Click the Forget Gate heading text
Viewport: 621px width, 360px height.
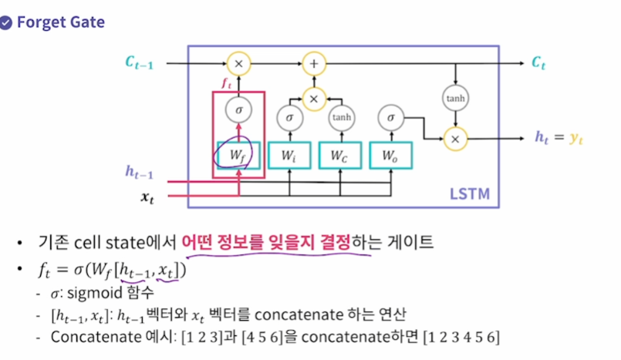[60, 22]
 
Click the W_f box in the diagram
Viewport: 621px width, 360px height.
[238, 155]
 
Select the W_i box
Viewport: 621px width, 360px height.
[289, 155]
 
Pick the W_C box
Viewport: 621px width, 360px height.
[339, 155]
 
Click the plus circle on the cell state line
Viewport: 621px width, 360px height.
[313, 62]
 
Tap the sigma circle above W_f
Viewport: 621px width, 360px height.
[238, 111]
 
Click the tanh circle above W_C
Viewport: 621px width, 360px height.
[339, 118]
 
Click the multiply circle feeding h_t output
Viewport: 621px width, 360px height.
[455, 138]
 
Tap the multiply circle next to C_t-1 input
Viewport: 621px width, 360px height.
[238, 62]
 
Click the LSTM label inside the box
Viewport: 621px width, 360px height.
[469, 192]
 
